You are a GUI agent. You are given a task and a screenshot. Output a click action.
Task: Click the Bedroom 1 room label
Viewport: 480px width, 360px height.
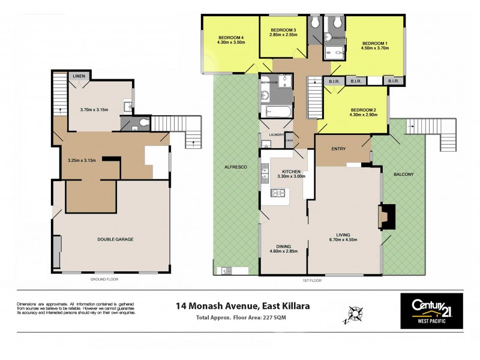[374, 43]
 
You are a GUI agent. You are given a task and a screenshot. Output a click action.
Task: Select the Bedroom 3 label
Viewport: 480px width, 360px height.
[283, 30]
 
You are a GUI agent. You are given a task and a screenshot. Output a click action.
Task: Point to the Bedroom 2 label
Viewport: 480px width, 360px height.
[364, 110]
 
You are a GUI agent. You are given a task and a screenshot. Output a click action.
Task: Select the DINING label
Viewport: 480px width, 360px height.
[283, 247]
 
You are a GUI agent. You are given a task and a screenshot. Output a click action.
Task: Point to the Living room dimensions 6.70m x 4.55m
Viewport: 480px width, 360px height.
[344, 242]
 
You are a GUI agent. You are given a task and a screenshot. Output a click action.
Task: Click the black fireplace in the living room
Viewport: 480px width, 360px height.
[387, 217]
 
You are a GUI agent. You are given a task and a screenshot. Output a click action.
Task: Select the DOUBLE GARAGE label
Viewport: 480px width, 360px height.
[115, 239]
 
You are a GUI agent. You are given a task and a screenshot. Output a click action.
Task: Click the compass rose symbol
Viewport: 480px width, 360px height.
[355, 313]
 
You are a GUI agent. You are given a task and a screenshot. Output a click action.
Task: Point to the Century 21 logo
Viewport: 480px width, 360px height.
[431, 310]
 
